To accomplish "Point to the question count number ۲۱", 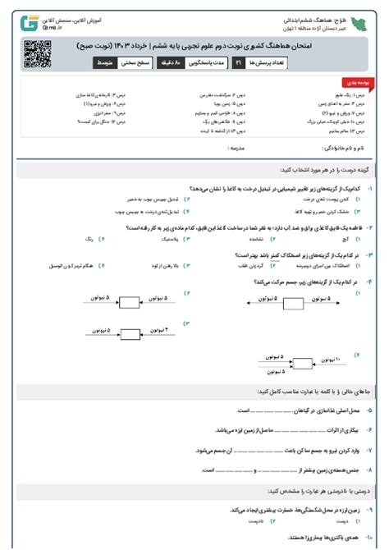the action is click(x=237, y=62).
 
